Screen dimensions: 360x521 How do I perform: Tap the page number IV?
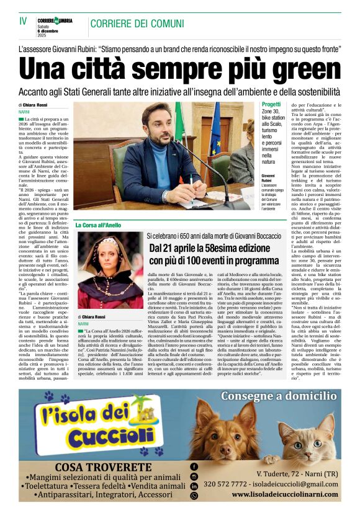tap(23, 22)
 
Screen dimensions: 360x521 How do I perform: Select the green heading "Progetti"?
tap(272, 105)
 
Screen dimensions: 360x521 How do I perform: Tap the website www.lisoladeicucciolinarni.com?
tap(285, 496)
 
